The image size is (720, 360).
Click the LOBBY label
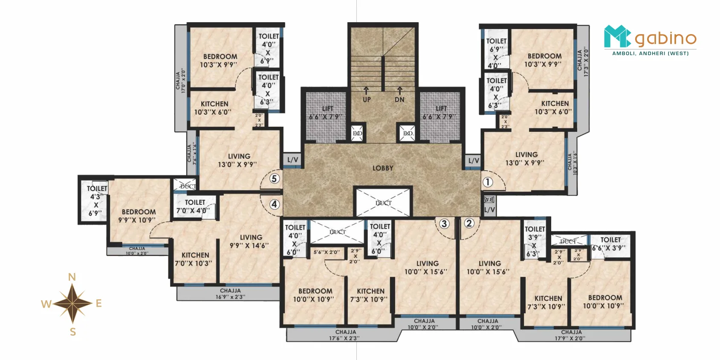pos(383,168)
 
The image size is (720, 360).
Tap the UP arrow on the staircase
pos(366,91)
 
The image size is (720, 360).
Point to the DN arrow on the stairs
pos(399,91)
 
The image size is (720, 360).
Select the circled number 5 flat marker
pos(274,179)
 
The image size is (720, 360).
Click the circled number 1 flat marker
pos(487,182)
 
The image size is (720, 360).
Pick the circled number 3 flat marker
pos(444,224)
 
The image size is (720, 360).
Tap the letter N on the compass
pos(72,277)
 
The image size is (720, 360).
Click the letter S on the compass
pos(73,332)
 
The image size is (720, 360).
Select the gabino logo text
pos(665,39)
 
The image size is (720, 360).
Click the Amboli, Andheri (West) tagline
pos(650,53)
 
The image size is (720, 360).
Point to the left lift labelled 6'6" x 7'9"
pos(327,113)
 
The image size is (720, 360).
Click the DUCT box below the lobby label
pos(383,203)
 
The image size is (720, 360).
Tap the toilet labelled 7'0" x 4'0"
pos(194,206)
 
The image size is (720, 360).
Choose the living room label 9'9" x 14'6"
pos(250,241)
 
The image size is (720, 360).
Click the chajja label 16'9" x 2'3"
pos(230,294)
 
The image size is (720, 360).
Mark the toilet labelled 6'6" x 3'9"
pos(610,244)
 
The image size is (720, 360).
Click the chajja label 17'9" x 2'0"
pos(571,335)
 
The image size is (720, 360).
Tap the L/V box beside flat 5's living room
pos(292,160)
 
